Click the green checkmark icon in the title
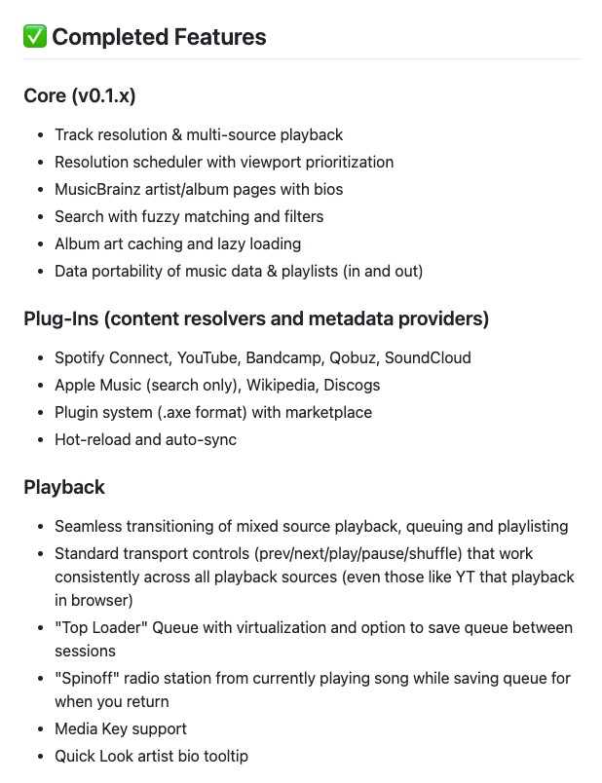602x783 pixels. pyautogui.click(x=34, y=37)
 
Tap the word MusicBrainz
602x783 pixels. pyautogui.click(x=100, y=189)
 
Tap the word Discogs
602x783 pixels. pyautogui.click(x=353, y=385)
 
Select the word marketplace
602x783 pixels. pyautogui.click(x=327, y=412)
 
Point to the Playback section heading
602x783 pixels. pyautogui.click(x=64, y=486)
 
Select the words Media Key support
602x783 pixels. pyautogui.click(x=121, y=728)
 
